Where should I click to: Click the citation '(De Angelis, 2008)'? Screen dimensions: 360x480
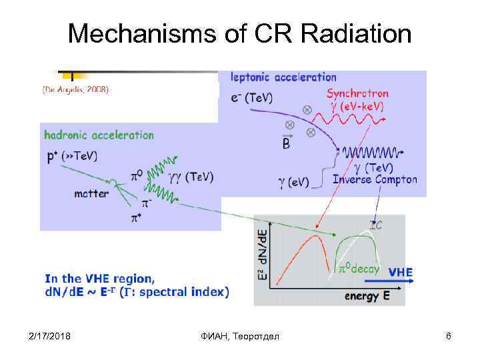75,89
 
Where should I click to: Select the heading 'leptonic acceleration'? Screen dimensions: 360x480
283,77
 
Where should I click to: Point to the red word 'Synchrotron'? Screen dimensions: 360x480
367,94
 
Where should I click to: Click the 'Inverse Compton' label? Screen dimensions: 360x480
375,179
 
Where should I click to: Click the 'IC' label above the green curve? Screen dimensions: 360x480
376,226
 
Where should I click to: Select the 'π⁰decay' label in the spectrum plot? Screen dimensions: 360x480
359,269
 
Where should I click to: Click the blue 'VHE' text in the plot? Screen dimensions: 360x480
400,272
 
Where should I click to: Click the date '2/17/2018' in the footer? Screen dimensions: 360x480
51,336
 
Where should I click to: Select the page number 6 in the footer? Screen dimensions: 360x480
449,336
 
